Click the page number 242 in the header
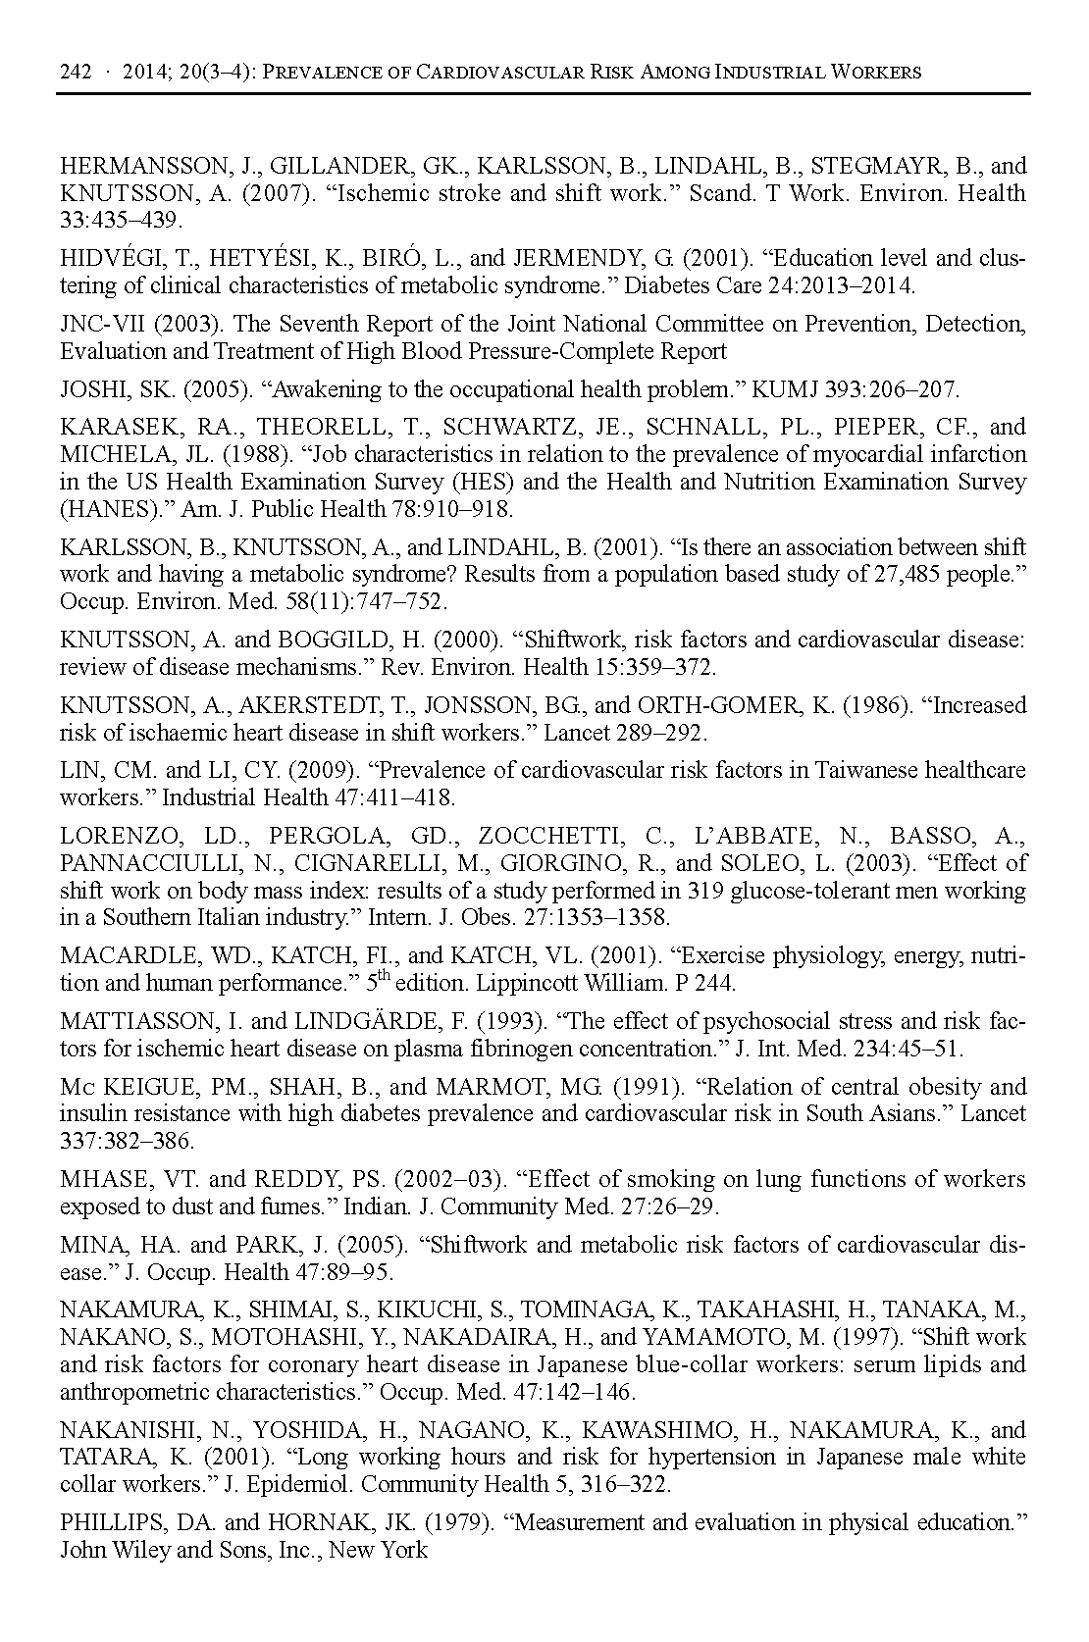point(76,72)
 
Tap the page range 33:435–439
point(122,221)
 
